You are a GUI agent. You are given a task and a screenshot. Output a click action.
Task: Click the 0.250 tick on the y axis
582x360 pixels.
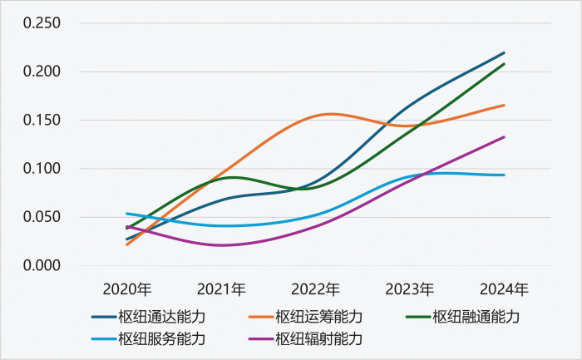(x=42, y=22)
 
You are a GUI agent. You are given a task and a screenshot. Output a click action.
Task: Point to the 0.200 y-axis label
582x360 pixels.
(x=42, y=72)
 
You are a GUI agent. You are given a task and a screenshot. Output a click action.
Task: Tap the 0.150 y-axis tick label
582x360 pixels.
(x=42, y=120)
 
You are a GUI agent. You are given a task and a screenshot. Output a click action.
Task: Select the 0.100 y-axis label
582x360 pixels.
(x=42, y=169)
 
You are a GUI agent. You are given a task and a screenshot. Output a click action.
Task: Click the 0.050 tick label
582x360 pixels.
(x=42, y=217)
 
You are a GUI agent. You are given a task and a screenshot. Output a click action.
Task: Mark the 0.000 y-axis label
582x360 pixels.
(x=42, y=265)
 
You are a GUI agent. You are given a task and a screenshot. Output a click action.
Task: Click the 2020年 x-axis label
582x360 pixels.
(x=127, y=290)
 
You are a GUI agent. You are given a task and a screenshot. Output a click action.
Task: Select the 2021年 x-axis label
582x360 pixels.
(x=221, y=290)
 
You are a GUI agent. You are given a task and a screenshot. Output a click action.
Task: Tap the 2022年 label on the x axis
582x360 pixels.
(x=316, y=290)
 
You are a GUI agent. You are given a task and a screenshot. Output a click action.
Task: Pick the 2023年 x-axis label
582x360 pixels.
(x=410, y=290)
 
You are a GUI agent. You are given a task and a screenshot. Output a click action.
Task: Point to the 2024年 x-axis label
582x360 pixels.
(x=504, y=290)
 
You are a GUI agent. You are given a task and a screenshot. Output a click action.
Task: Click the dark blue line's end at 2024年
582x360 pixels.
(x=505, y=53)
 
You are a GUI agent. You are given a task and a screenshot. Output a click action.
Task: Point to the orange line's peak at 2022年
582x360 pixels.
(x=331, y=114)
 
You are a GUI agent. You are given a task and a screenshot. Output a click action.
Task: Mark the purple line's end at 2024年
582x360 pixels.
(x=505, y=137)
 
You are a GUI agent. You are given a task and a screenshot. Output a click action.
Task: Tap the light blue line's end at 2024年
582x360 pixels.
(x=505, y=175)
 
